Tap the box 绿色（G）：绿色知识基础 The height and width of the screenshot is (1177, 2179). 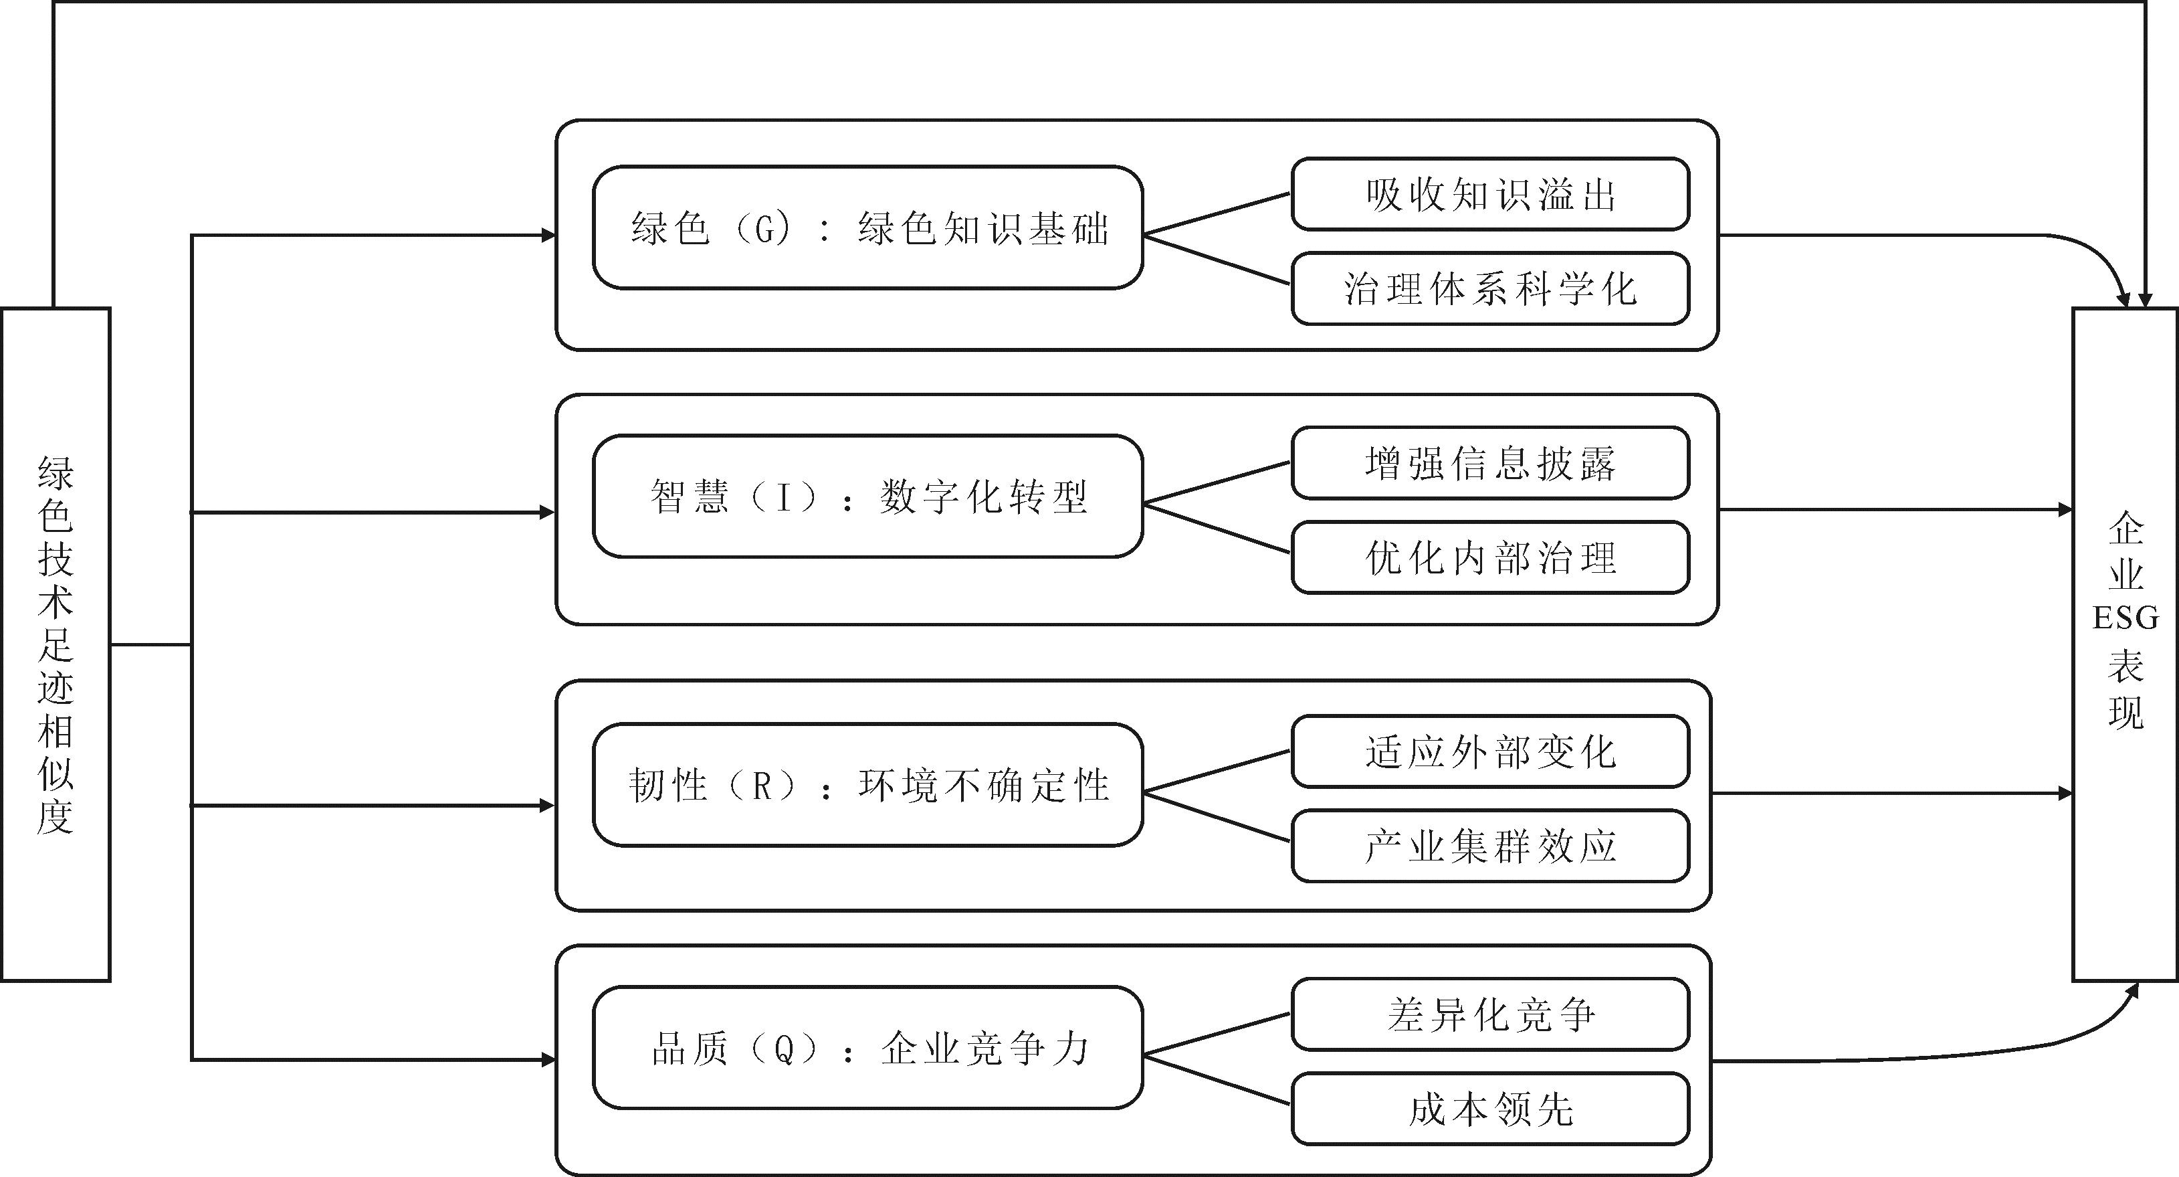[868, 228]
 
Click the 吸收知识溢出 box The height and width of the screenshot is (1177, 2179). [1490, 194]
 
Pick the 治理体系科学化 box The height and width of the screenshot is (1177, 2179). [1490, 288]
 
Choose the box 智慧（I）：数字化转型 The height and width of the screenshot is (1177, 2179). [868, 496]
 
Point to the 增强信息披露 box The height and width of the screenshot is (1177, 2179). [1490, 463]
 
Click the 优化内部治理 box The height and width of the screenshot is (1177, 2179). [1490, 557]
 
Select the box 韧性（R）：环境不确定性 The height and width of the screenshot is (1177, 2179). [868, 784]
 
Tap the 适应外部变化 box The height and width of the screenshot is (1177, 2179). [1490, 751]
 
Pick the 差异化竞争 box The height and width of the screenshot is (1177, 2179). [1490, 1014]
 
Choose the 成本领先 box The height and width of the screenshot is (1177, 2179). [1490, 1109]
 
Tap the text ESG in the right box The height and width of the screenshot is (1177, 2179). [2125, 618]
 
